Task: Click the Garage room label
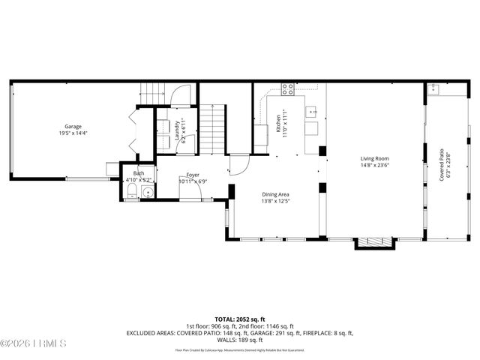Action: point(73,127)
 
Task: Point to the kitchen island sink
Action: point(312,113)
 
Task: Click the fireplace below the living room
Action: point(373,242)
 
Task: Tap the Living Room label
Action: point(374,158)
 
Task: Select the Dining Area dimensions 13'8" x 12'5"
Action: point(275,201)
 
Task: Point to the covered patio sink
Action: point(434,89)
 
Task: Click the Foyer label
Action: point(193,175)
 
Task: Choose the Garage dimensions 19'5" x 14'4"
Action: point(73,133)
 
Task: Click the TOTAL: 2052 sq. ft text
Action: point(239,319)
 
